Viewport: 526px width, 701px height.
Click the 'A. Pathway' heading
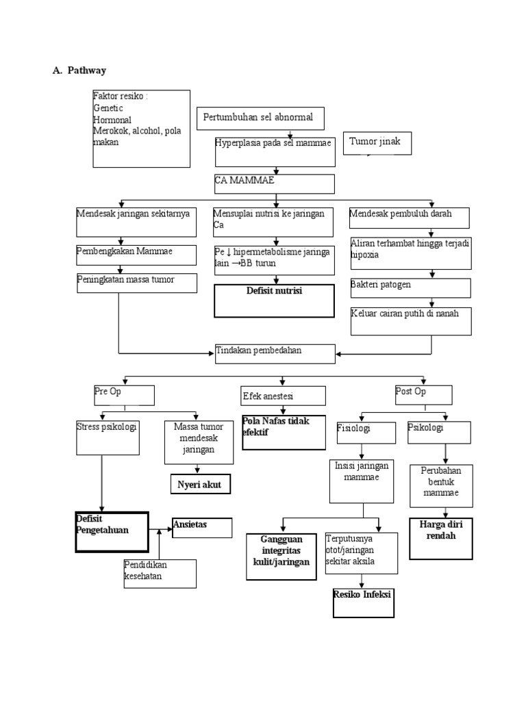pos(79,71)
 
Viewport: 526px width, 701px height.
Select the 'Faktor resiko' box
pos(141,127)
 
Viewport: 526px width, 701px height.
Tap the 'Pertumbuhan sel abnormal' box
pos(260,118)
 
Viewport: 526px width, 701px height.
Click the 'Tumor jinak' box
pos(377,143)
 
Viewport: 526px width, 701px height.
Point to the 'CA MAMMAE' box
pos(275,183)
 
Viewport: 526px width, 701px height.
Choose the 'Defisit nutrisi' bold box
pos(274,301)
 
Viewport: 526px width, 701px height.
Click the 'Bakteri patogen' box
pos(410,288)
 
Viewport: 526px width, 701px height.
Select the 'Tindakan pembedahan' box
pos(275,353)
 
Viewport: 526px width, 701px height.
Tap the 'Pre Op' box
pos(123,394)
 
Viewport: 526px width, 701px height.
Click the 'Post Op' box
pos(423,394)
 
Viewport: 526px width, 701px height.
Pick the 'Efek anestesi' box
pos(282,396)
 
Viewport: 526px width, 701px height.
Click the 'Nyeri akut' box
pos(200,483)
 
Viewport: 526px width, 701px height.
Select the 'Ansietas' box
pos(202,527)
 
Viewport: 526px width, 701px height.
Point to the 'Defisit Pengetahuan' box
pos(112,531)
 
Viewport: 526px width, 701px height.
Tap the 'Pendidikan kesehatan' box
pos(160,573)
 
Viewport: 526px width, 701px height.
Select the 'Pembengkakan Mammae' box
pos(136,254)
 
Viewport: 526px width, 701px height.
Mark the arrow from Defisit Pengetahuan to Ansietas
pos(160,528)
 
